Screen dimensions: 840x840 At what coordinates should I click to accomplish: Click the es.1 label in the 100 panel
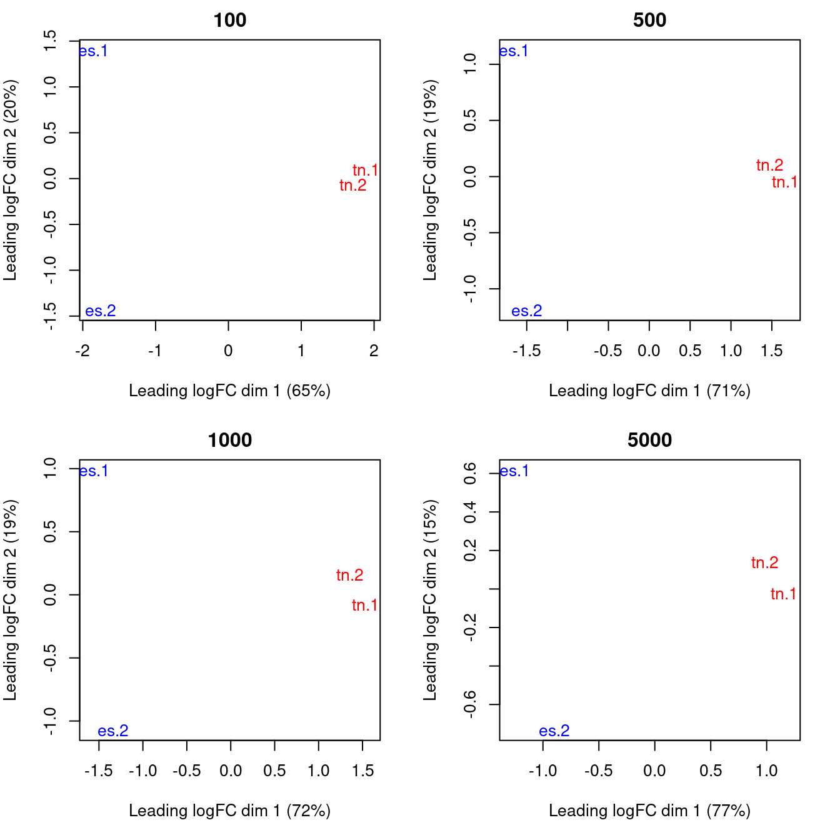(x=93, y=51)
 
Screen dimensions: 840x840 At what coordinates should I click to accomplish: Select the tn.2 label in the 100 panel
(x=352, y=185)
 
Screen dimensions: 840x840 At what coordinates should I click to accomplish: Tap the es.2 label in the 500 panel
(x=526, y=311)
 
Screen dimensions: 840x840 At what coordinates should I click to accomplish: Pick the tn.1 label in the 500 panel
(x=784, y=182)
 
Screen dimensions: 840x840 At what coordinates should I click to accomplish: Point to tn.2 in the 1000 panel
(x=349, y=575)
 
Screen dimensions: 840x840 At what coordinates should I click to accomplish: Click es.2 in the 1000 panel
(x=113, y=731)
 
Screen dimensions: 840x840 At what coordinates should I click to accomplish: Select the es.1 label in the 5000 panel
(x=514, y=471)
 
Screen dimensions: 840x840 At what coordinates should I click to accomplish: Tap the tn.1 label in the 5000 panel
(x=783, y=594)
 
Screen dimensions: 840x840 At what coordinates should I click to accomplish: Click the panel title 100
(x=230, y=20)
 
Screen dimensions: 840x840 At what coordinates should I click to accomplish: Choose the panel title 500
(x=649, y=20)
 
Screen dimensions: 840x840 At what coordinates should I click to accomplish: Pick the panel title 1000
(x=230, y=440)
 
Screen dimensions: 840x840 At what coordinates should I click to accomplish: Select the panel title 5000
(x=649, y=440)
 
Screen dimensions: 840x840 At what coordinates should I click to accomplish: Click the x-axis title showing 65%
(x=230, y=391)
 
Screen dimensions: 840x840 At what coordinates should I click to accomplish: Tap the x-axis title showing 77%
(x=649, y=811)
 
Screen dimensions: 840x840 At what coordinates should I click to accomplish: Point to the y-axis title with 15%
(x=430, y=600)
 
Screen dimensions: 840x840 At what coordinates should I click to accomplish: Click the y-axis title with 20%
(x=10, y=180)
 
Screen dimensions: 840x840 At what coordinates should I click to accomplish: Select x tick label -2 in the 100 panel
(x=82, y=351)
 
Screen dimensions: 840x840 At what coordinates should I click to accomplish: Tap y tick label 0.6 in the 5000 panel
(x=470, y=473)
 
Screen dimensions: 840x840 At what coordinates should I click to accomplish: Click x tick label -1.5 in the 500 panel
(x=526, y=351)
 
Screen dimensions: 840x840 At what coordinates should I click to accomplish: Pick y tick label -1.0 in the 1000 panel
(x=50, y=721)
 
